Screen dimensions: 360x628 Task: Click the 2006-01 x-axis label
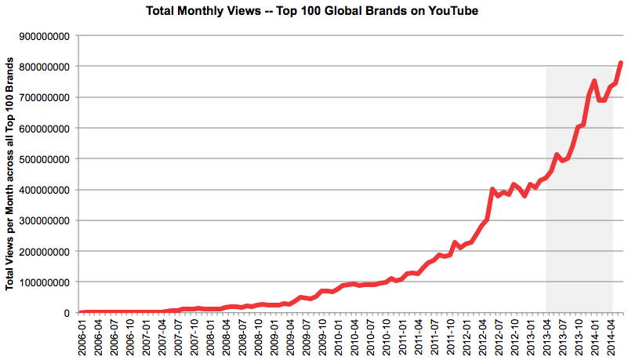pyautogui.click(x=82, y=335)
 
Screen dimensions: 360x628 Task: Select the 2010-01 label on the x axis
pyautogui.click(x=338, y=335)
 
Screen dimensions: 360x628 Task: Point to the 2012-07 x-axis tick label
pyautogui.click(x=499, y=335)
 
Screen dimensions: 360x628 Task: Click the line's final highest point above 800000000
pyautogui.click(x=621, y=63)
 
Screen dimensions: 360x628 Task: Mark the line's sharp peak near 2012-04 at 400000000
pyautogui.click(x=492, y=189)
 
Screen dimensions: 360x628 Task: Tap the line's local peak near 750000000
pyautogui.click(x=594, y=81)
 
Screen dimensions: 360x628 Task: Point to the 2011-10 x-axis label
pyautogui.click(x=451, y=335)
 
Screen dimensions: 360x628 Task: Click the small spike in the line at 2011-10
pyautogui.click(x=456, y=243)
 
